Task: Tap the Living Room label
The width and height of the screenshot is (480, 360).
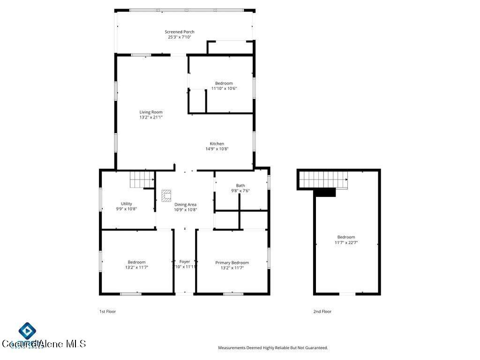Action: [x=151, y=112]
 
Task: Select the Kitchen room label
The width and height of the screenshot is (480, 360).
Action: [x=217, y=144]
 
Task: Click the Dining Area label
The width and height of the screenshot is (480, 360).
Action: [x=185, y=204]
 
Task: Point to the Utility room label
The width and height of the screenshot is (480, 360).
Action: [x=126, y=203]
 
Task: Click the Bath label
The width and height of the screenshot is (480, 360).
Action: [x=240, y=186]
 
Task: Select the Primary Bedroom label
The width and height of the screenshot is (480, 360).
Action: [x=232, y=262]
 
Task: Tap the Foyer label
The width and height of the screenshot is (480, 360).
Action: [x=185, y=262]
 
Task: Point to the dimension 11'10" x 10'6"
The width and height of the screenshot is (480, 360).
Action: [x=224, y=88]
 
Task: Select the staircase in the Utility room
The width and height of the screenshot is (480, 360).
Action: [x=142, y=179]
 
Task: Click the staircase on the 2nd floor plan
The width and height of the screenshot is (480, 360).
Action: [x=323, y=179]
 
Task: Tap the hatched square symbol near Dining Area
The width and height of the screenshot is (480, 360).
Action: [x=166, y=195]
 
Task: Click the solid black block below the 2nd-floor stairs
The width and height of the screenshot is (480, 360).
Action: [x=325, y=192]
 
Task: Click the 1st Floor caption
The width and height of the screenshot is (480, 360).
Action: [x=107, y=311]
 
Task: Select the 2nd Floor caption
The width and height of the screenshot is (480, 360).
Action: [x=322, y=311]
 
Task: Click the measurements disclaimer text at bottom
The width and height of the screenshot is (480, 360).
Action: [x=273, y=348]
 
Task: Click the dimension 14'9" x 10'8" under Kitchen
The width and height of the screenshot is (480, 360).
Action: [x=217, y=149]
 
